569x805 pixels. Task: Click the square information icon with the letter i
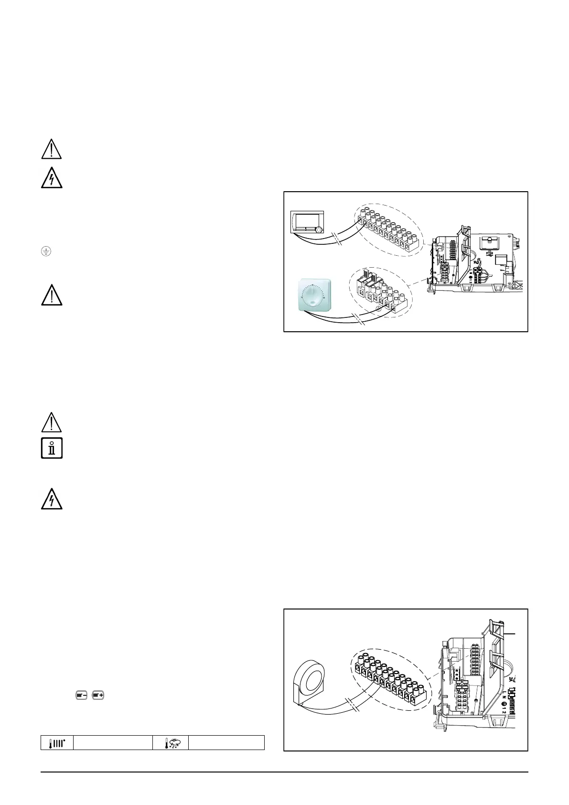pos(52,448)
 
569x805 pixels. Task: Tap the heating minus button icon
pos(81,695)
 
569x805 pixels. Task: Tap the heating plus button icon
pos(98,695)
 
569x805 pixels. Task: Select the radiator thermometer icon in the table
pos(57,743)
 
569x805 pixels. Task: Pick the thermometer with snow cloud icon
pos(171,743)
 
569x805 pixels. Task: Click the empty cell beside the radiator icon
pos(113,743)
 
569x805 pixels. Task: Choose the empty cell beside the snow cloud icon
pos(226,743)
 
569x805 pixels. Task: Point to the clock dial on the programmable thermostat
pos(319,230)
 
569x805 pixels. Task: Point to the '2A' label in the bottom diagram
pos(512,679)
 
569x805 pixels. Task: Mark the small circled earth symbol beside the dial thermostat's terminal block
pos(378,309)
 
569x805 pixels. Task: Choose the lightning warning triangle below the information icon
pos(52,500)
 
